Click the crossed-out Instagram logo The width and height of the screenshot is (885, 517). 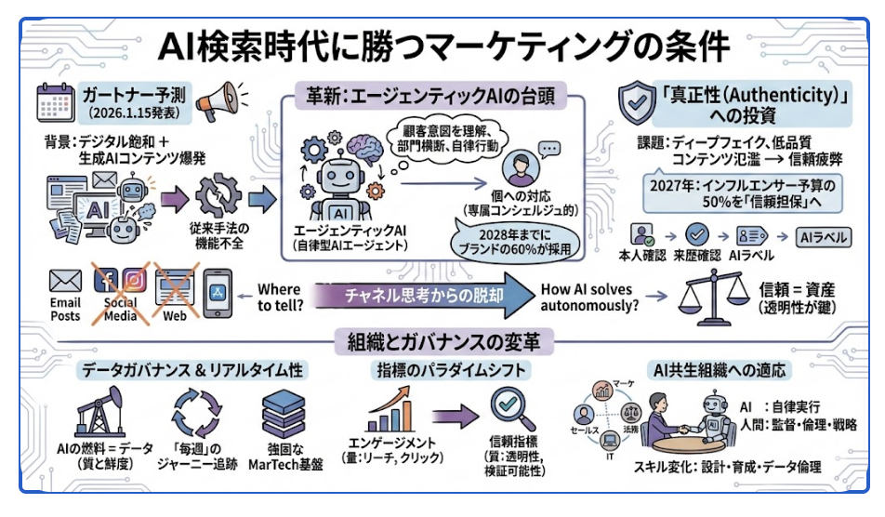[135, 279]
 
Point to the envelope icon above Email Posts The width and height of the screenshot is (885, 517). [65, 280]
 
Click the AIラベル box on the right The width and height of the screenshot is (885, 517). [825, 237]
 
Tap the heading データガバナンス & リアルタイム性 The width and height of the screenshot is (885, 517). [190, 370]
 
